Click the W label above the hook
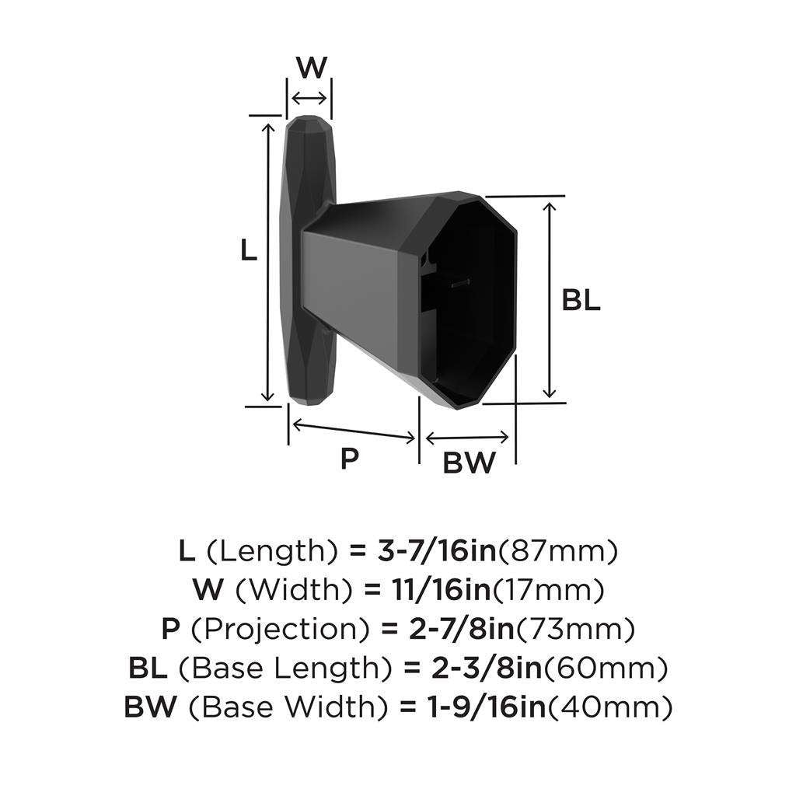click(x=311, y=68)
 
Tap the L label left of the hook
click(x=248, y=250)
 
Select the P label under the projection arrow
click(x=350, y=459)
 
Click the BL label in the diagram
click(x=581, y=302)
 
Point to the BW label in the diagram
click(x=469, y=463)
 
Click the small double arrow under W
click(x=310, y=97)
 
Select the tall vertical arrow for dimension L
click(x=269, y=261)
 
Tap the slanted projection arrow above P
click(x=354, y=431)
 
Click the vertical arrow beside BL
click(x=550, y=299)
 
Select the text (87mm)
click(x=557, y=551)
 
